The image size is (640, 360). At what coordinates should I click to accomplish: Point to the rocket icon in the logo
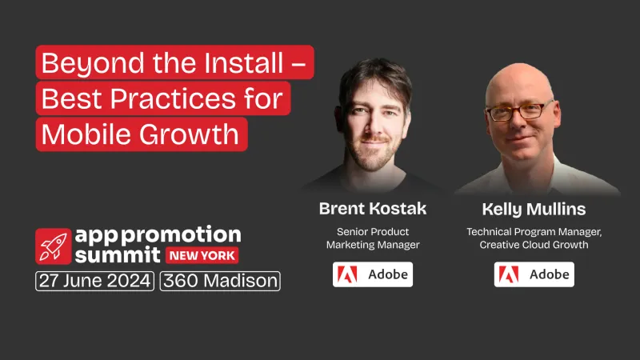tap(53, 246)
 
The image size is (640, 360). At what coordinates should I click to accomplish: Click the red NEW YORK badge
tap(201, 256)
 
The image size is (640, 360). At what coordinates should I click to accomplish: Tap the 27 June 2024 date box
tap(94, 281)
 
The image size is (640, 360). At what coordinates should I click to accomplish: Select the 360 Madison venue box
tap(220, 281)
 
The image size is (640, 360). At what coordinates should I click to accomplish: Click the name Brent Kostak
tap(373, 209)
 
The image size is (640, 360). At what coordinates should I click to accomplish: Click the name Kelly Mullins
tap(534, 210)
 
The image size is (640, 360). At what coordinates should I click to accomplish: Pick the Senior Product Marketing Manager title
tap(373, 238)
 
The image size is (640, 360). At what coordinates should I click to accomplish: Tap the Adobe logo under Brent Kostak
tap(373, 274)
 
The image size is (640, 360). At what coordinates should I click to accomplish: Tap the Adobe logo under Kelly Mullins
tap(534, 274)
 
